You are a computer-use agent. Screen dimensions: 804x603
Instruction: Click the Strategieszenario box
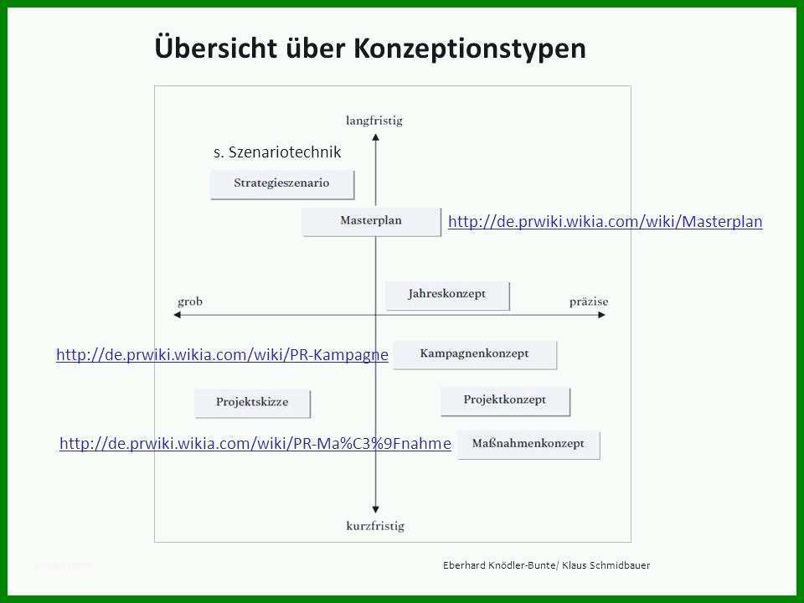point(282,184)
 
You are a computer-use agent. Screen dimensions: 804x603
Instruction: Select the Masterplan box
point(371,221)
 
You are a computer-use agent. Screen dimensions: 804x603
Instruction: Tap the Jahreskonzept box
point(447,296)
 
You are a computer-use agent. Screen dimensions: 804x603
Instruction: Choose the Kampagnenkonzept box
point(475,354)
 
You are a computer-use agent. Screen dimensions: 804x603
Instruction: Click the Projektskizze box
point(252,403)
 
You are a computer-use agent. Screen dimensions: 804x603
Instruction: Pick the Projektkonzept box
point(505,401)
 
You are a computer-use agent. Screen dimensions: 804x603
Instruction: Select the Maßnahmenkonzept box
point(528,445)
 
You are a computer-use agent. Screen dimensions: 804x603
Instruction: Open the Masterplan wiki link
point(605,221)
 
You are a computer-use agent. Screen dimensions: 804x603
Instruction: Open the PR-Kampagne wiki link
point(222,355)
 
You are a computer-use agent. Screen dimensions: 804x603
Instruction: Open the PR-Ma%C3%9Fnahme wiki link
point(255,444)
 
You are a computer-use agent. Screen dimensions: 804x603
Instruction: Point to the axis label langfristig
point(374,121)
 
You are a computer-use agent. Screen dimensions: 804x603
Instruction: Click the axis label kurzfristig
point(375,526)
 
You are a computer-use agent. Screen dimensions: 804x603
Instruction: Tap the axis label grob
point(190,302)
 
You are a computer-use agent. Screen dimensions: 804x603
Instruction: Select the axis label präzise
point(589,302)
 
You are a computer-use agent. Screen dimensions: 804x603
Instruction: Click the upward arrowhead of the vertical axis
point(376,137)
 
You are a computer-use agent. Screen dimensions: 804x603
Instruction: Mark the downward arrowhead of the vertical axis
point(376,510)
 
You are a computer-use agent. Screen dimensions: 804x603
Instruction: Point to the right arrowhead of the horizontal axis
point(602,315)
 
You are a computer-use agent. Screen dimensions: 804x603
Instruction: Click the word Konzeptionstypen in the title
point(470,49)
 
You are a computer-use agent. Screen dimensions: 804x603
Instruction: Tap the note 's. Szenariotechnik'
point(277,152)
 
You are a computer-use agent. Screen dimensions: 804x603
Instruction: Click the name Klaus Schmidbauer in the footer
point(606,565)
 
